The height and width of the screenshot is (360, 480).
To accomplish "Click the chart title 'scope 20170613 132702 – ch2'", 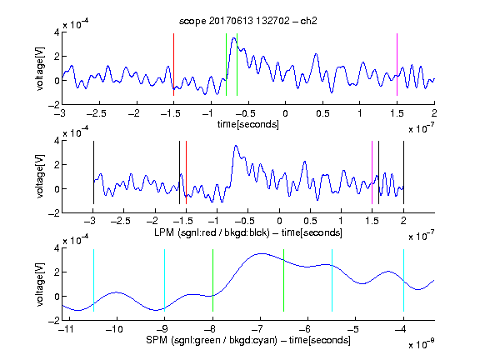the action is [x=247, y=21].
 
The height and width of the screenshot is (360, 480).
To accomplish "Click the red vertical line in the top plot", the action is [x=173, y=65].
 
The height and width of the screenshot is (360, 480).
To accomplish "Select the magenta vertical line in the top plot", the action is [x=397, y=65].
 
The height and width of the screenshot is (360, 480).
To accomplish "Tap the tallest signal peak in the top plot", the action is [x=234, y=38].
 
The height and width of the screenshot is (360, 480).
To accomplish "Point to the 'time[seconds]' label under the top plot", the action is [x=248, y=124].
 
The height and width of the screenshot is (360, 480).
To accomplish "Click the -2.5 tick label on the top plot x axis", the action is [x=96, y=113].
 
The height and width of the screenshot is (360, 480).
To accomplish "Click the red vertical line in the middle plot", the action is [x=186, y=172].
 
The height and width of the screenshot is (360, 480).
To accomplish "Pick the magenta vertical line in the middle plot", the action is [x=372, y=172].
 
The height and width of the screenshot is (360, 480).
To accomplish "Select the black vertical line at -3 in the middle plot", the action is [x=93, y=172].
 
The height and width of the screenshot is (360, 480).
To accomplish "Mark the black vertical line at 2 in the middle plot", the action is [x=403, y=172].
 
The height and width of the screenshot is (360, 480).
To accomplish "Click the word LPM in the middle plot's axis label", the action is [x=164, y=232].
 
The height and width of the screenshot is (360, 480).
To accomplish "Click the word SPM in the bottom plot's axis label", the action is [x=157, y=340].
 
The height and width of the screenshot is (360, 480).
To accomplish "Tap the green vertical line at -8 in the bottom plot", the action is [x=212, y=280].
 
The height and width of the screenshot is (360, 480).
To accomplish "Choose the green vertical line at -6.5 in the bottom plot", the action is [x=284, y=280].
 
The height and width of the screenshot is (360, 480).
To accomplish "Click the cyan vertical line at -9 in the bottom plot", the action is [x=164, y=280].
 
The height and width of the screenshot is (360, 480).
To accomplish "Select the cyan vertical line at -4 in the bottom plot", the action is [x=403, y=280].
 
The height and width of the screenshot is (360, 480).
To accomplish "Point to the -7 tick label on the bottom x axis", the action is [x=257, y=329].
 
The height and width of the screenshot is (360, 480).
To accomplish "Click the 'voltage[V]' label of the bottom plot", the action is [x=40, y=284].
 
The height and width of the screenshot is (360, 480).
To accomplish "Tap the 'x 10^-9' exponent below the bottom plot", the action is [x=421, y=344].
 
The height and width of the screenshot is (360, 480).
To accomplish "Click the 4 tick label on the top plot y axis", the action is [x=57, y=32].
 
